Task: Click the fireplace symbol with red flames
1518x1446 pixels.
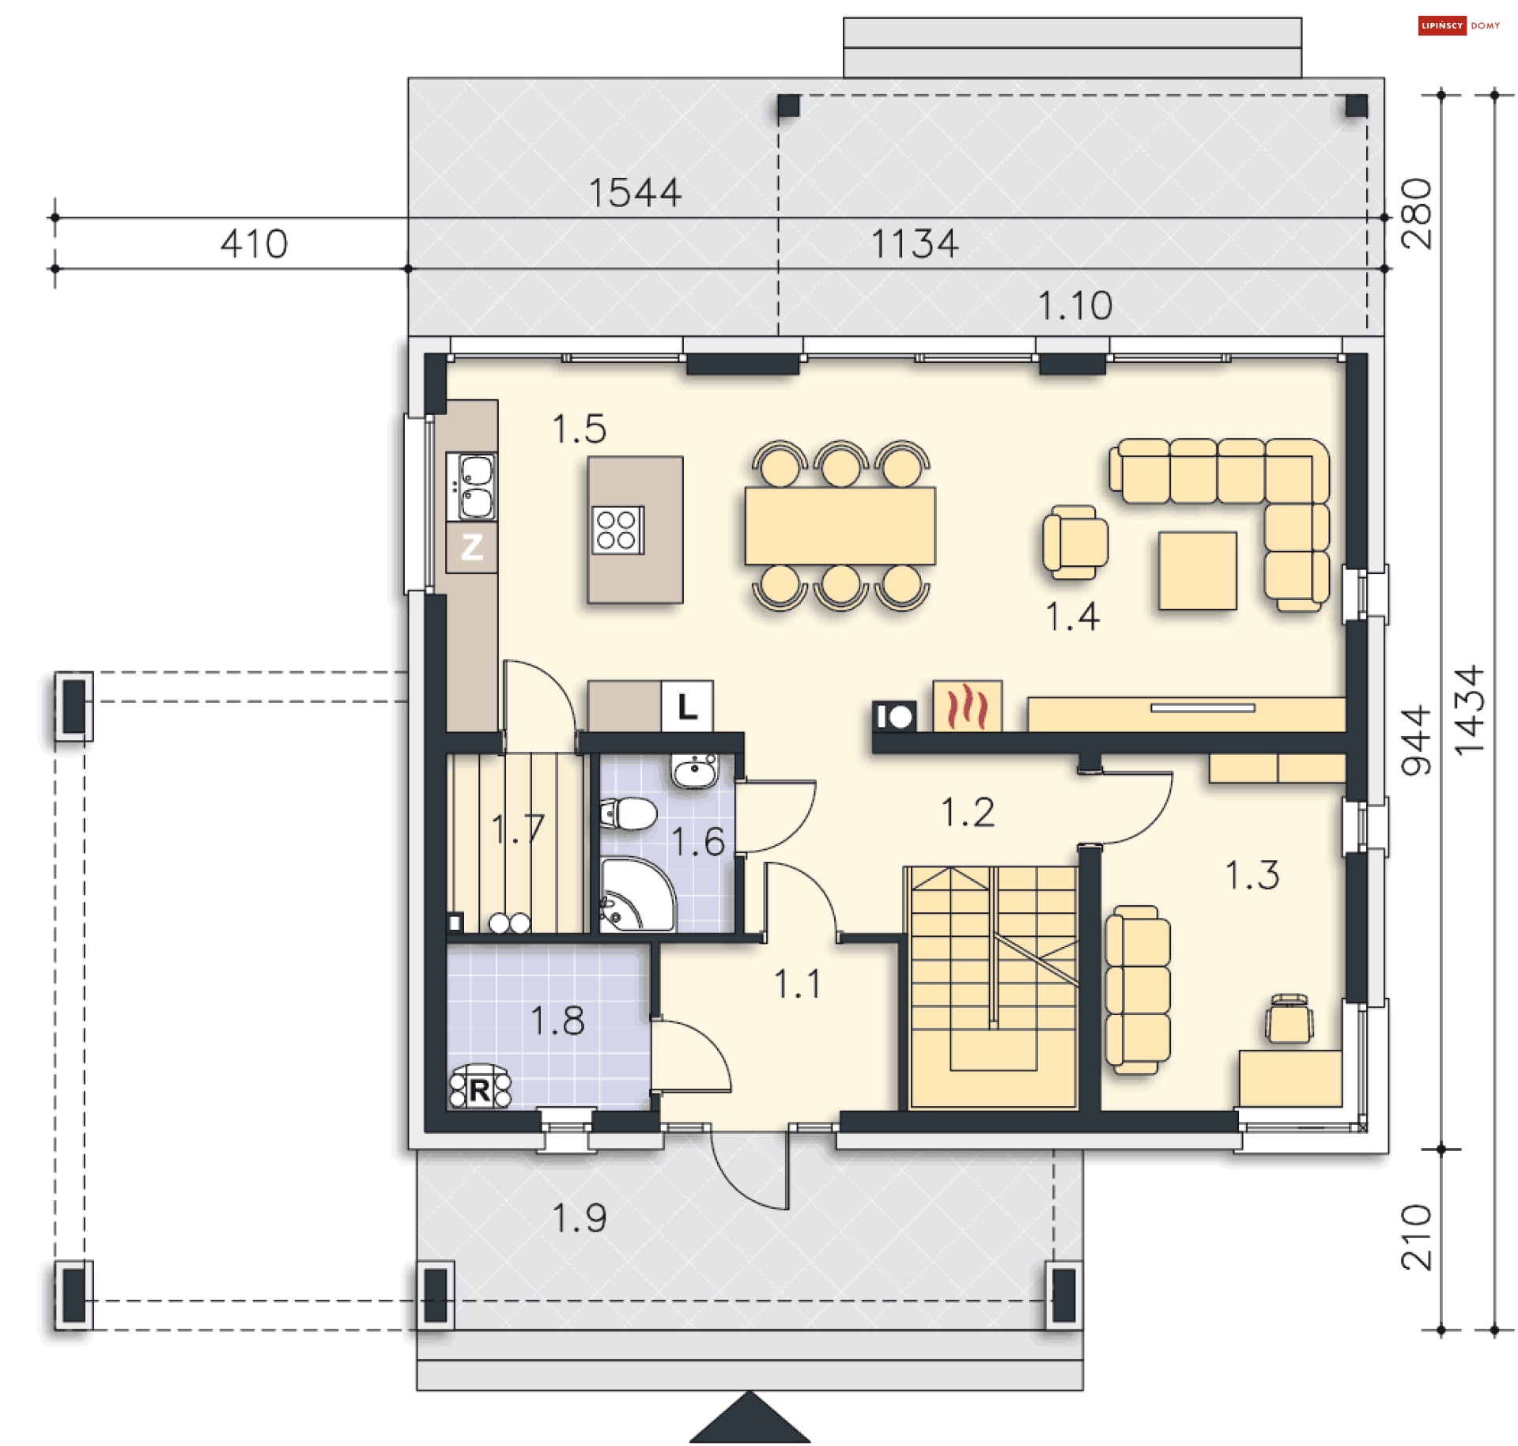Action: coord(966,705)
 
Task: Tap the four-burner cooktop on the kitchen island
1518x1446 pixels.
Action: coord(617,529)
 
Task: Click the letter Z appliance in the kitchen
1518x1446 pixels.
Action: coord(471,547)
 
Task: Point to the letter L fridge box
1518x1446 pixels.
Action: coord(686,705)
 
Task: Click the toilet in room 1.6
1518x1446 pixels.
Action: coord(629,814)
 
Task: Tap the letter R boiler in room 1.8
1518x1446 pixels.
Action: coord(479,1089)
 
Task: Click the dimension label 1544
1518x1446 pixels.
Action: coord(634,193)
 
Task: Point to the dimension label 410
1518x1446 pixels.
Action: coord(254,244)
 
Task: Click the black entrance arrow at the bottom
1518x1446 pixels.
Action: coord(749,1421)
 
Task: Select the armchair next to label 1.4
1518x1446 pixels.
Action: coord(1074,542)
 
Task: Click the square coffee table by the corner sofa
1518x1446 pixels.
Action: coord(1196,570)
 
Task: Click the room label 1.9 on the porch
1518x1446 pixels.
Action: coord(579,1218)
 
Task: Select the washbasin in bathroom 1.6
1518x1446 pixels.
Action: coord(694,771)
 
